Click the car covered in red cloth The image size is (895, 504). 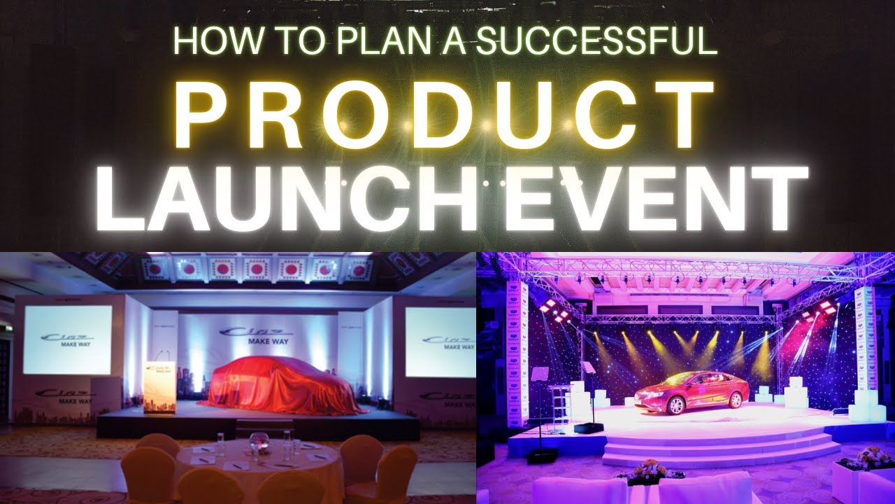tap(280, 386)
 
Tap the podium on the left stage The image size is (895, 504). tap(159, 385)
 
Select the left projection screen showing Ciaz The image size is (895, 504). tap(67, 339)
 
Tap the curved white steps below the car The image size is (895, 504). tap(720, 448)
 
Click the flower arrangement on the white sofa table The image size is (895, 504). tap(646, 470)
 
